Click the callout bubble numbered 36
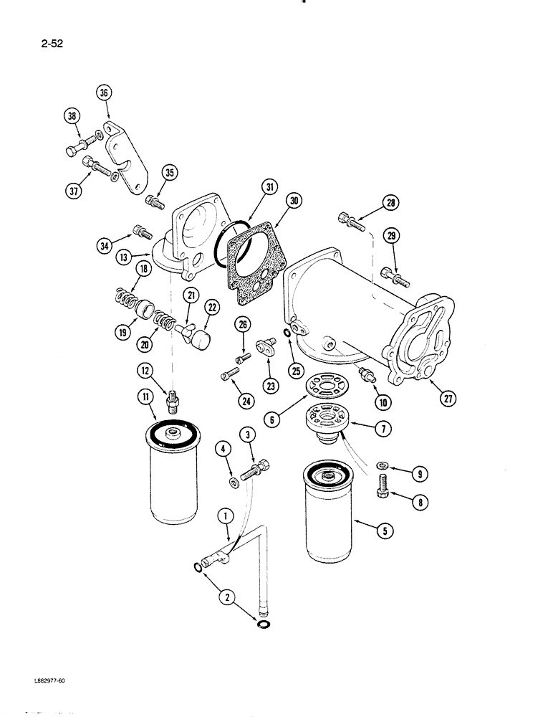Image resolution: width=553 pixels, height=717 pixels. (105, 92)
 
